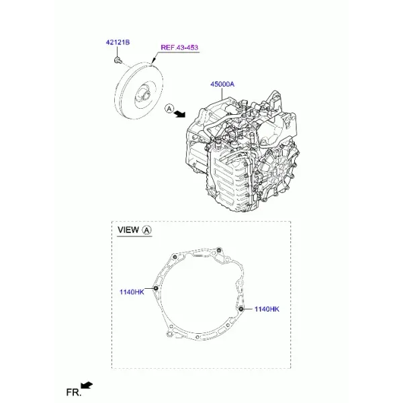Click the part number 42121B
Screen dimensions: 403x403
[x=118, y=42]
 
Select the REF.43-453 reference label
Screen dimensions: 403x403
[x=179, y=48]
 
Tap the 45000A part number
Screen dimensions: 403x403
[x=222, y=84]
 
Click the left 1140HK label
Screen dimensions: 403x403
[x=132, y=292]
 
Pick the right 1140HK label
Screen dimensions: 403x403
[x=267, y=309]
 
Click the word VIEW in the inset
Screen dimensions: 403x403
[x=128, y=230]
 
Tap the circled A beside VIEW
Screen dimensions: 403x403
[x=146, y=230]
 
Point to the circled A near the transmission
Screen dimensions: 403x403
[x=169, y=109]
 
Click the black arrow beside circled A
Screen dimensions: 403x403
[x=179, y=114]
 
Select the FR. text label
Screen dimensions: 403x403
[x=73, y=392]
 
